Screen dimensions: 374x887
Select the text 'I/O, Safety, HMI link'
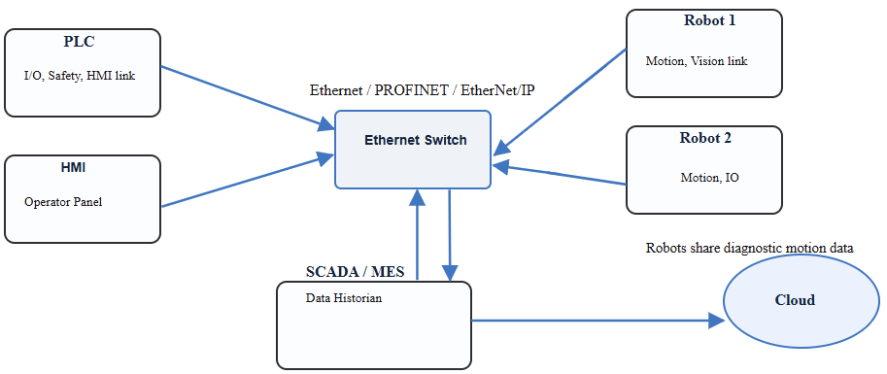click(79, 74)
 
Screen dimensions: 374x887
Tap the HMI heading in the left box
click(74, 167)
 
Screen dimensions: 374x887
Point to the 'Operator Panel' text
click(63, 202)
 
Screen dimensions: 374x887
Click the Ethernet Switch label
click(415, 140)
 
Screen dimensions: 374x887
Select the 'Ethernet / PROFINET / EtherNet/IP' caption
click(422, 90)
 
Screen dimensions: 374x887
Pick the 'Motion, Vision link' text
click(697, 60)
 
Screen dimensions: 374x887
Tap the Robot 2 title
click(705, 137)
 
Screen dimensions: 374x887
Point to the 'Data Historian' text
click(344, 298)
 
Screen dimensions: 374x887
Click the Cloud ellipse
click(795, 300)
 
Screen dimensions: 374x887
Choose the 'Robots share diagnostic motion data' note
click(750, 248)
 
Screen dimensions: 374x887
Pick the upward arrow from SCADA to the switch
click(417, 234)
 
